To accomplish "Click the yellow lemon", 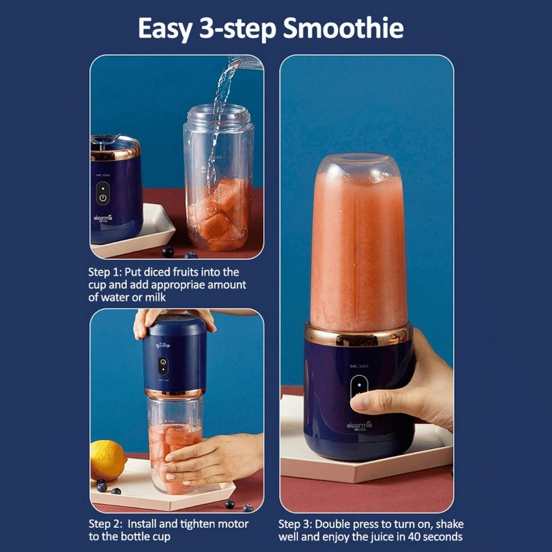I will click(108, 459).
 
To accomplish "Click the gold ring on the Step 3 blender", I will click(358, 335).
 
